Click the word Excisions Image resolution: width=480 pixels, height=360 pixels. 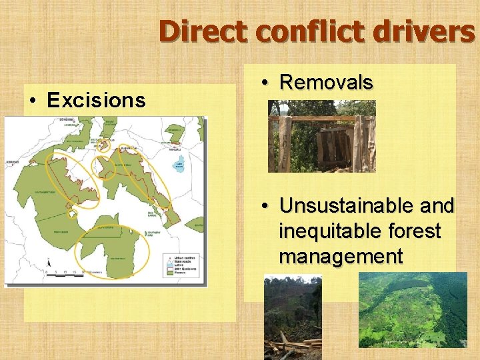point(96,101)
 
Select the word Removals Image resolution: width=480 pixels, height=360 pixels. point(326,83)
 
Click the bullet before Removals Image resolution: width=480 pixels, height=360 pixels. point(265,83)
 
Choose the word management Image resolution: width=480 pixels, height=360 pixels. point(341,257)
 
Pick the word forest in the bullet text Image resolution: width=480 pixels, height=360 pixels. point(414,231)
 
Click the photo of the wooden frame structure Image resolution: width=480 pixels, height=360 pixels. point(321,136)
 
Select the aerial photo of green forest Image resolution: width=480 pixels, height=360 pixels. point(413,309)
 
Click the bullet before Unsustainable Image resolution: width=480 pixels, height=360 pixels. point(265,205)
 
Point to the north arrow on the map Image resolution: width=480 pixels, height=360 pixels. point(49,264)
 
